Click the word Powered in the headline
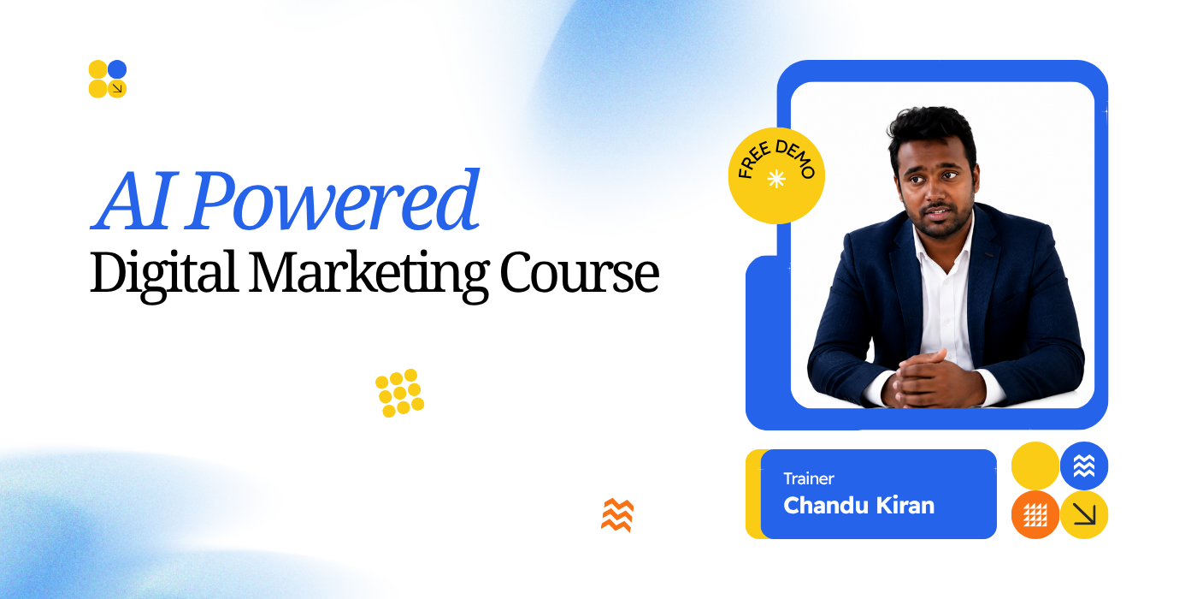coord(332,201)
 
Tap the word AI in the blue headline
coord(133,201)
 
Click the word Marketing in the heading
coord(369,275)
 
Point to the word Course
coord(580,274)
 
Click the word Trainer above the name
coord(809,478)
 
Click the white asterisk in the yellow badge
coord(776,179)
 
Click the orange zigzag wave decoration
coord(617,515)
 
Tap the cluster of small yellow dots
coord(400,393)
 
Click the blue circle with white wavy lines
coord(1084,466)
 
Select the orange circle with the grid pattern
coord(1035,514)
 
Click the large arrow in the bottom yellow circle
coord(1084,515)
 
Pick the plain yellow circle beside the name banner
coord(1035,466)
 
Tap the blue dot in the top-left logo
coord(117,69)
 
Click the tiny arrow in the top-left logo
coord(118,88)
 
